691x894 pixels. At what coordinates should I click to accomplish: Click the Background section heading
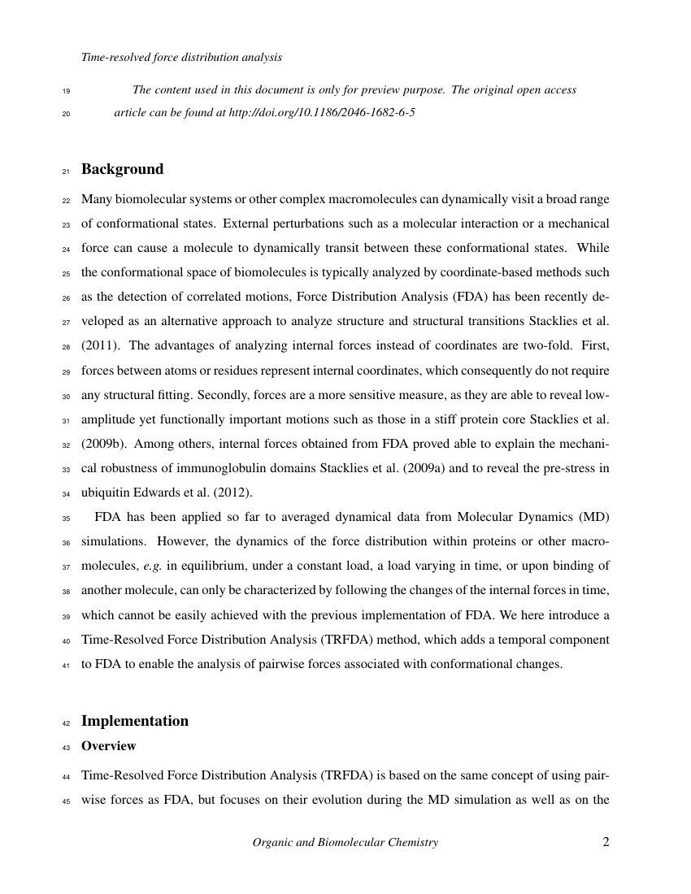[x=122, y=169]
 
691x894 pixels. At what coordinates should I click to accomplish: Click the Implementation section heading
[x=135, y=721]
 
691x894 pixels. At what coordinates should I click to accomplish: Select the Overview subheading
[x=109, y=745]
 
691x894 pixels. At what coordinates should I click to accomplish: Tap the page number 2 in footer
[x=606, y=842]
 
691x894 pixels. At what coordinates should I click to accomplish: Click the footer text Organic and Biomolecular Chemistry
[x=345, y=843]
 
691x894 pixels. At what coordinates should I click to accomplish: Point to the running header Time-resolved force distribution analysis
[x=181, y=58]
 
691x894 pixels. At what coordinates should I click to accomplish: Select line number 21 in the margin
[x=67, y=171]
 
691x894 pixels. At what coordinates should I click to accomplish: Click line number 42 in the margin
[x=67, y=723]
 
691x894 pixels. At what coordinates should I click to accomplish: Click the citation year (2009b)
[x=102, y=445]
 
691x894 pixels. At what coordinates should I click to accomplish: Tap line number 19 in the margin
[x=67, y=91]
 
